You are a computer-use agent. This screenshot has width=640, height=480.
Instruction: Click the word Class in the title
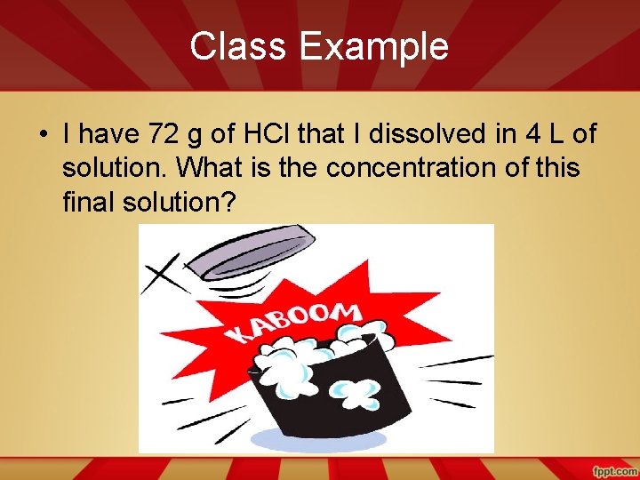tap(234, 46)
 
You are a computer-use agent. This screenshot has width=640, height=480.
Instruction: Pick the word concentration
tap(386, 169)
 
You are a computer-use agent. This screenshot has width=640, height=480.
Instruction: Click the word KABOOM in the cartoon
tap(294, 322)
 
